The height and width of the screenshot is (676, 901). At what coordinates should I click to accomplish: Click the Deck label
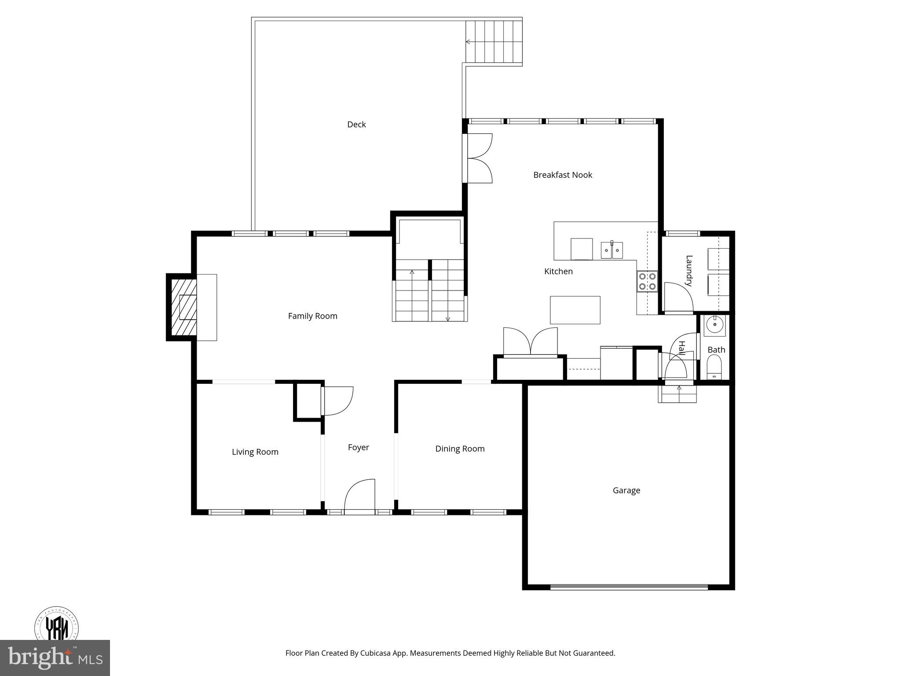click(x=356, y=125)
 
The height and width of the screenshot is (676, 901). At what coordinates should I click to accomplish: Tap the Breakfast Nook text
click(x=562, y=175)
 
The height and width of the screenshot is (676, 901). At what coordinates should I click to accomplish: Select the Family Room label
click(x=312, y=316)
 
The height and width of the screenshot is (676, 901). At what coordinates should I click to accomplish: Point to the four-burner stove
click(x=647, y=282)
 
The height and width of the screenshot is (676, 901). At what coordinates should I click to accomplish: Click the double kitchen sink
click(x=612, y=250)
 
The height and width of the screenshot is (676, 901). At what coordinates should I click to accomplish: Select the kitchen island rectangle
click(x=575, y=310)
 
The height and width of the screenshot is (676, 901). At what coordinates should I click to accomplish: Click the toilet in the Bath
click(x=714, y=367)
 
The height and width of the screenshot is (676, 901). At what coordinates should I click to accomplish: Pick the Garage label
click(x=626, y=490)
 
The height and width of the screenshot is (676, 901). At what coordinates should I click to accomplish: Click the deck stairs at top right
click(x=494, y=42)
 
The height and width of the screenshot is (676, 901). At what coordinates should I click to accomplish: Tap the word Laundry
click(x=689, y=271)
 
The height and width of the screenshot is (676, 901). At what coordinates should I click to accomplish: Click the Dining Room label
click(x=460, y=448)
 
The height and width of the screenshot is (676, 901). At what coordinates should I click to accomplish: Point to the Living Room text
click(x=255, y=452)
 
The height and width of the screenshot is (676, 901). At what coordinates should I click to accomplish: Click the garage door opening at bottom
click(x=629, y=587)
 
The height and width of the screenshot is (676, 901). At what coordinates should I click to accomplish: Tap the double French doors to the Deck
click(x=478, y=158)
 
